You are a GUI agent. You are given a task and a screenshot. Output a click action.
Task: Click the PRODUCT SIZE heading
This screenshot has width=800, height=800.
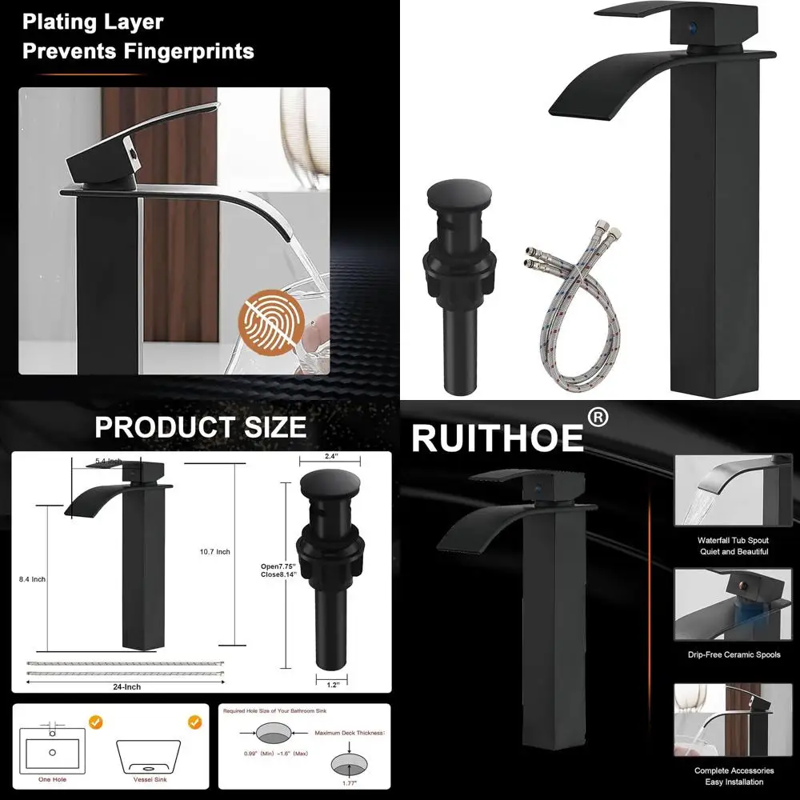click(x=200, y=426)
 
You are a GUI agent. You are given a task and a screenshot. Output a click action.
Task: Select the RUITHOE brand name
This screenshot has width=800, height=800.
click(x=497, y=438)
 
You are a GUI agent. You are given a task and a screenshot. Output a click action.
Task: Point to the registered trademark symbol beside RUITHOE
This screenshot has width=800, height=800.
click(x=598, y=418)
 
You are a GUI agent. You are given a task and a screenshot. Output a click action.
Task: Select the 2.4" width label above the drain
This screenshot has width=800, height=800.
click(x=330, y=457)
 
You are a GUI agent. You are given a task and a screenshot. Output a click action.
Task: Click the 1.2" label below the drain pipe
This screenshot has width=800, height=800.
click(x=332, y=684)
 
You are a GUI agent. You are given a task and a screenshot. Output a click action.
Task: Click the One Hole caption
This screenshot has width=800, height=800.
click(x=52, y=778)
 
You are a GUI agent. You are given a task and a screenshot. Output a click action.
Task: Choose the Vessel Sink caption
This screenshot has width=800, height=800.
click(x=150, y=778)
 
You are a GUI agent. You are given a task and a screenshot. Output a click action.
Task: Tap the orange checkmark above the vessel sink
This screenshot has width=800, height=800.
click(x=194, y=722)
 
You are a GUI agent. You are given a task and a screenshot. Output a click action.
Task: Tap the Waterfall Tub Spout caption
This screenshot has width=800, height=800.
click(x=732, y=541)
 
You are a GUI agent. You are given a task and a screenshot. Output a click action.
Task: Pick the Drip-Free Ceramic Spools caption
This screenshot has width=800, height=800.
click(x=732, y=655)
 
